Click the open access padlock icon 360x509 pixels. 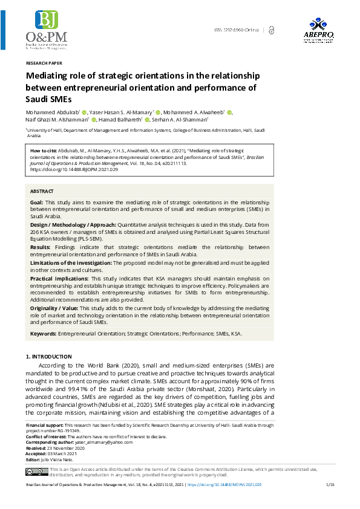pos(270,30)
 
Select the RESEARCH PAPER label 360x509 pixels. pos(44,63)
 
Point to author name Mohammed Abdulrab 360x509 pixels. pos(52,112)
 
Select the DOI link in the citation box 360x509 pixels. pos(74,170)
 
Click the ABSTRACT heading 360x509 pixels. pos(42,191)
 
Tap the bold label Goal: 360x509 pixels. pos(37,202)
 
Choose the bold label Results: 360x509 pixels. pos(39,247)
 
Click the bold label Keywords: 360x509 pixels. pos(43,333)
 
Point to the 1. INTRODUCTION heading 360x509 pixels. pos(49,357)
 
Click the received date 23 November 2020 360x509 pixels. pos(67,448)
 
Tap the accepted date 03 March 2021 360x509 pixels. pos(64,453)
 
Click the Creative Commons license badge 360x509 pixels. pos(36,472)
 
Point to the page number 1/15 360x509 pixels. pos(330,485)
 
